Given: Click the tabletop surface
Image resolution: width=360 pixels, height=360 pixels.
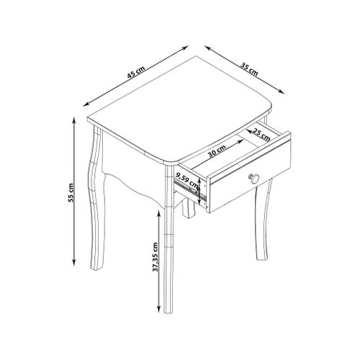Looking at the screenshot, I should click(180, 122).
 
